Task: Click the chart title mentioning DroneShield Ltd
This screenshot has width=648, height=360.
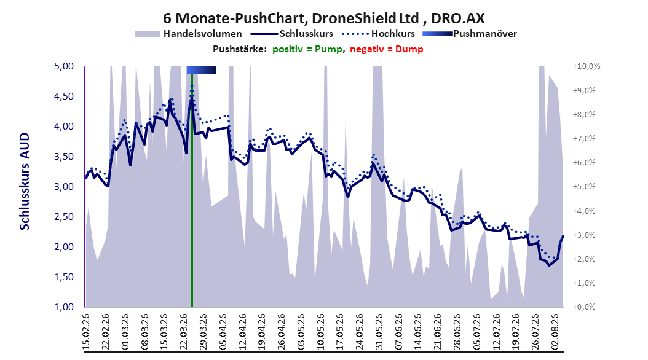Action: pyautogui.click(x=323, y=18)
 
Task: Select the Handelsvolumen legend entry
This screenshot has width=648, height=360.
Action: pyautogui.click(x=188, y=34)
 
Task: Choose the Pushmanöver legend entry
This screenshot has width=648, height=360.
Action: pyautogui.click(x=470, y=34)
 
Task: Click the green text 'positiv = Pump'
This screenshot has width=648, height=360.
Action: pyautogui.click(x=307, y=49)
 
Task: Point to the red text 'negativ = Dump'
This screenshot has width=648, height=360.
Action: pyautogui.click(x=387, y=49)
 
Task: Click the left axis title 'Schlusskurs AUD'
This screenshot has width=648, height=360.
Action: pyautogui.click(x=25, y=181)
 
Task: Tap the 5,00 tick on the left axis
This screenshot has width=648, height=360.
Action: pyautogui.click(x=64, y=66)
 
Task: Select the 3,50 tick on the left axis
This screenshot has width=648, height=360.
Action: pyautogui.click(x=64, y=157)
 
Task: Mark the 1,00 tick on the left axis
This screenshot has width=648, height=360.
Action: pyautogui.click(x=64, y=307)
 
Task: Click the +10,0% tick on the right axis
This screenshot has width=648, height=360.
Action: pyautogui.click(x=587, y=66)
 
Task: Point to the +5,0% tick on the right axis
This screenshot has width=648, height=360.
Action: pyautogui.click(x=584, y=187)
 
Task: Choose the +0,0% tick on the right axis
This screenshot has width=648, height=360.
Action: pyautogui.click(x=584, y=307)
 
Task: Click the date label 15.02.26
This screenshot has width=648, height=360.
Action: pyautogui.click(x=87, y=332)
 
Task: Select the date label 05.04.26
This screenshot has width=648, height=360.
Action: pyautogui.click(x=224, y=332)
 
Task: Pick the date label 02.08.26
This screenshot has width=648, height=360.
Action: pyautogui.click(x=555, y=332)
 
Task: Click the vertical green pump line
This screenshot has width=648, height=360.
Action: pyautogui.click(x=192, y=190)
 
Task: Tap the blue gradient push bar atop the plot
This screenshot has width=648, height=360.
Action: pyautogui.click(x=201, y=70)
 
